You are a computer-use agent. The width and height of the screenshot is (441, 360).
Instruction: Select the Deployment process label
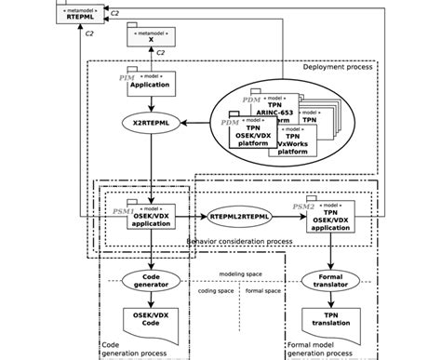[x=337, y=67]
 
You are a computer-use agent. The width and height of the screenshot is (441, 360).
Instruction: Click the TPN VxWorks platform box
[x=292, y=143]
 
